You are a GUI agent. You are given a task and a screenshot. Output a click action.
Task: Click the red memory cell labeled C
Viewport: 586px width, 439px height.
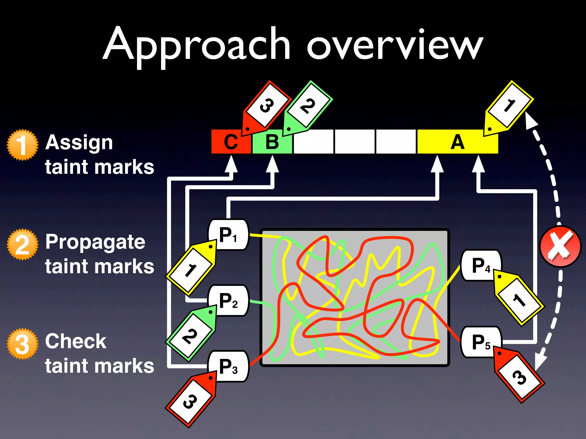(x=231, y=142)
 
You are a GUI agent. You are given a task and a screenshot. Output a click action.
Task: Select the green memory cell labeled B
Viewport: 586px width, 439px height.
(x=272, y=142)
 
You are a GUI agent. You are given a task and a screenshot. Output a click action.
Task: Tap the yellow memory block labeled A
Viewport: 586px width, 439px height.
(x=458, y=142)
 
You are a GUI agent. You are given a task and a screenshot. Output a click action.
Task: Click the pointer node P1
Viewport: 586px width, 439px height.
(x=228, y=235)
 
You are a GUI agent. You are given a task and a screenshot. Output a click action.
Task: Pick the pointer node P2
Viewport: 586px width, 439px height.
(x=228, y=301)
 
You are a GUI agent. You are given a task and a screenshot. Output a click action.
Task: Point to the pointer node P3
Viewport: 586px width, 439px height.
(x=228, y=366)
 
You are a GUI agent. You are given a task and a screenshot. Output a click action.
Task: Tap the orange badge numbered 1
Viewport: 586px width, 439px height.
(x=22, y=145)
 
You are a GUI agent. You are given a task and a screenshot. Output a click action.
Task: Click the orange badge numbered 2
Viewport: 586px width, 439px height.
(x=22, y=244)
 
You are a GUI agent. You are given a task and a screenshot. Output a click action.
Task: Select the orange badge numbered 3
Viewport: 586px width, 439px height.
(x=22, y=344)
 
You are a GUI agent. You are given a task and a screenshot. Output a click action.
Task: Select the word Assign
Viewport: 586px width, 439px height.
(x=79, y=143)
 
